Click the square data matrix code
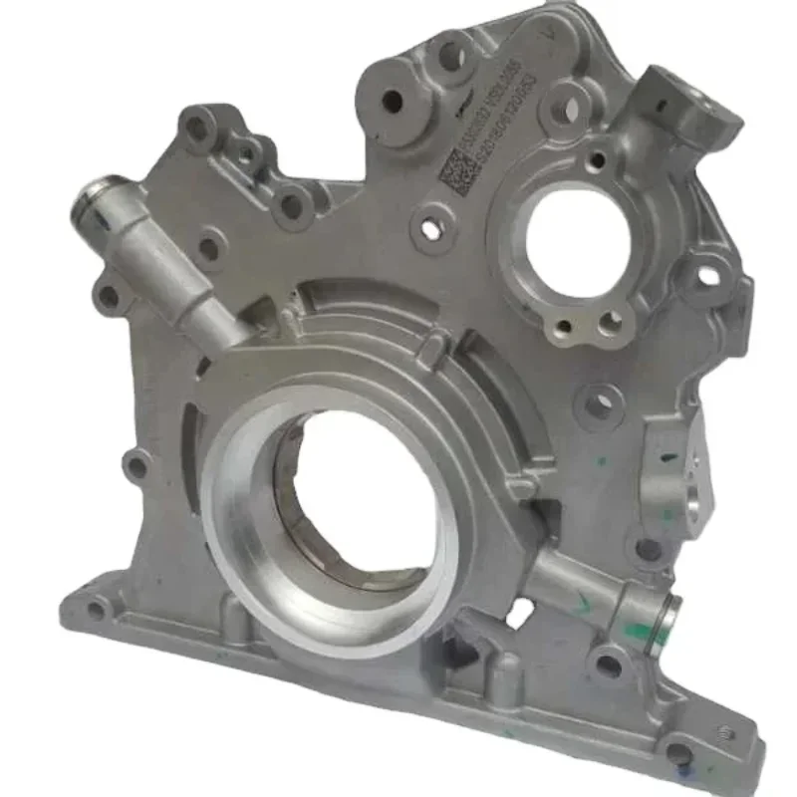(454, 176)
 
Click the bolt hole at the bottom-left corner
(96, 610)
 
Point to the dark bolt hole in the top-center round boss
(392, 101)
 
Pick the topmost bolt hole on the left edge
(197, 128)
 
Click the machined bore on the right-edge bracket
(693, 503)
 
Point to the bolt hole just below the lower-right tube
(607, 665)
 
